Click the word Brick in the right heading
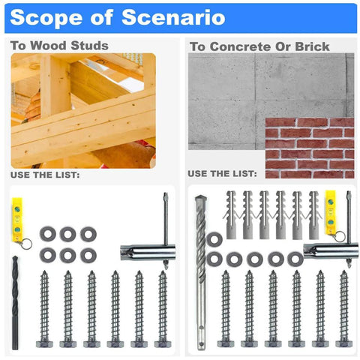click(310, 46)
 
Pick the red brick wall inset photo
click(309, 147)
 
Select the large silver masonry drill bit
click(200, 270)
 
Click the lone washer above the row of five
click(214, 239)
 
